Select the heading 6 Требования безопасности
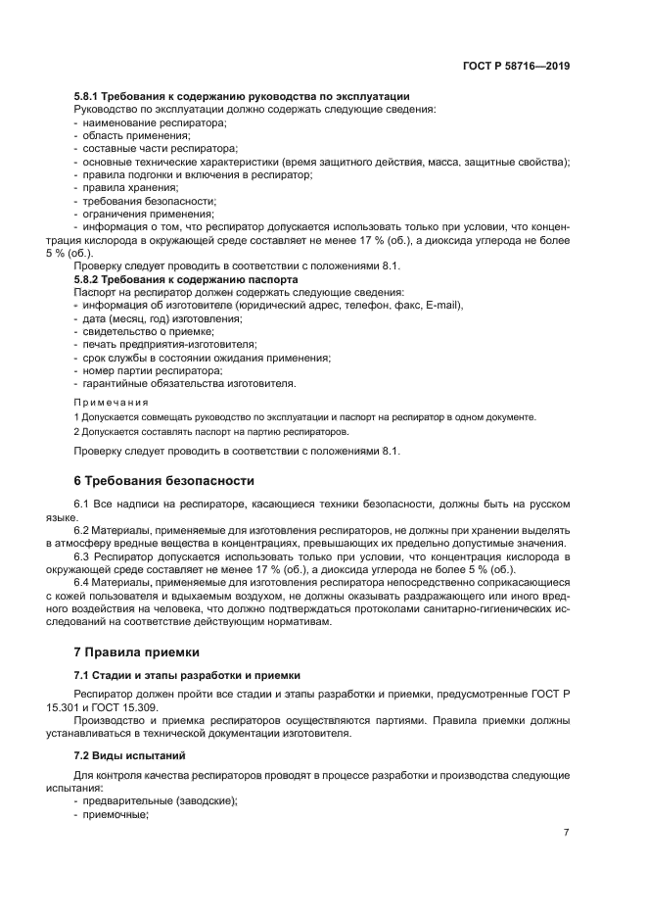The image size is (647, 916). tap(164, 481)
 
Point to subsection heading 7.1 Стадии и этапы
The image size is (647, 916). tap(189, 676)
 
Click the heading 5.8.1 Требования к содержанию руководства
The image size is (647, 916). tap(242, 96)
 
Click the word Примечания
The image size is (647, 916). tap(112, 402)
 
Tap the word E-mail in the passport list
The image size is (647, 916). tap(442, 306)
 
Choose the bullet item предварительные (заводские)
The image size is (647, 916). tap(160, 799)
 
